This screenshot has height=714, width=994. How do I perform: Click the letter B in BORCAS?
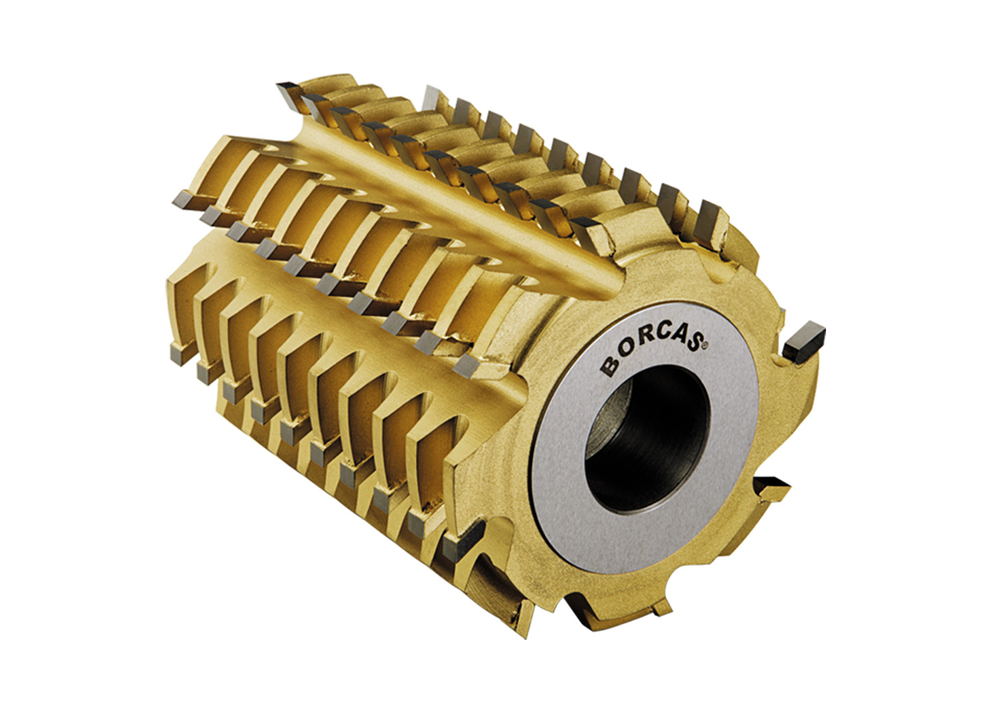pos(609,367)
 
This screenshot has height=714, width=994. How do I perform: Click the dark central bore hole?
pos(647,438)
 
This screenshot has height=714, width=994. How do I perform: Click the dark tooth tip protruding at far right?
pos(804,342)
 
